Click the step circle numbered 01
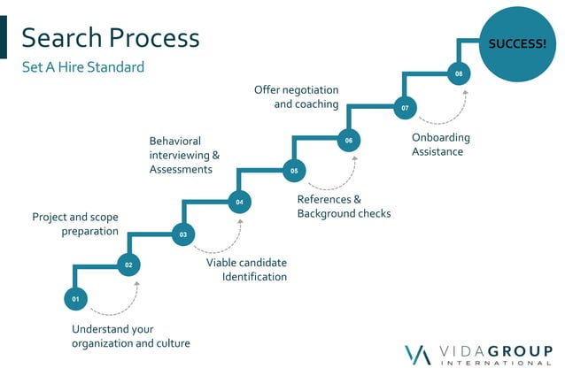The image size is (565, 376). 75,299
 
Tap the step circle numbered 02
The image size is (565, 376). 128,265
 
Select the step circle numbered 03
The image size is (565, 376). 183,234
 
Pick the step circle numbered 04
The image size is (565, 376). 239,203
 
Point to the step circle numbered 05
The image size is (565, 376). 294,170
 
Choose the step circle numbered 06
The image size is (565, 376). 349,140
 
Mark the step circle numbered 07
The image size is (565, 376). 405,108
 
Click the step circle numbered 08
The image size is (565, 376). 459,73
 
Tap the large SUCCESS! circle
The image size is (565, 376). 517,42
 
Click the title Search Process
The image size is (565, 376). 111,38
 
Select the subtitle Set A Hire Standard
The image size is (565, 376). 83,67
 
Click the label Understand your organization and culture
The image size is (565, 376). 131,336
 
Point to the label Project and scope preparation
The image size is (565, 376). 75,224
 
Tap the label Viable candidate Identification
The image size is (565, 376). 246,270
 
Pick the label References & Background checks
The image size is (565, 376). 344,206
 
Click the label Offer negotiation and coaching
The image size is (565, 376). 296,96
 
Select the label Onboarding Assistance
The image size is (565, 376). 441,144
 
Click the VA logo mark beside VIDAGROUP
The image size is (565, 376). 418,354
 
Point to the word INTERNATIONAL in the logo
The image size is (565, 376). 496,363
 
